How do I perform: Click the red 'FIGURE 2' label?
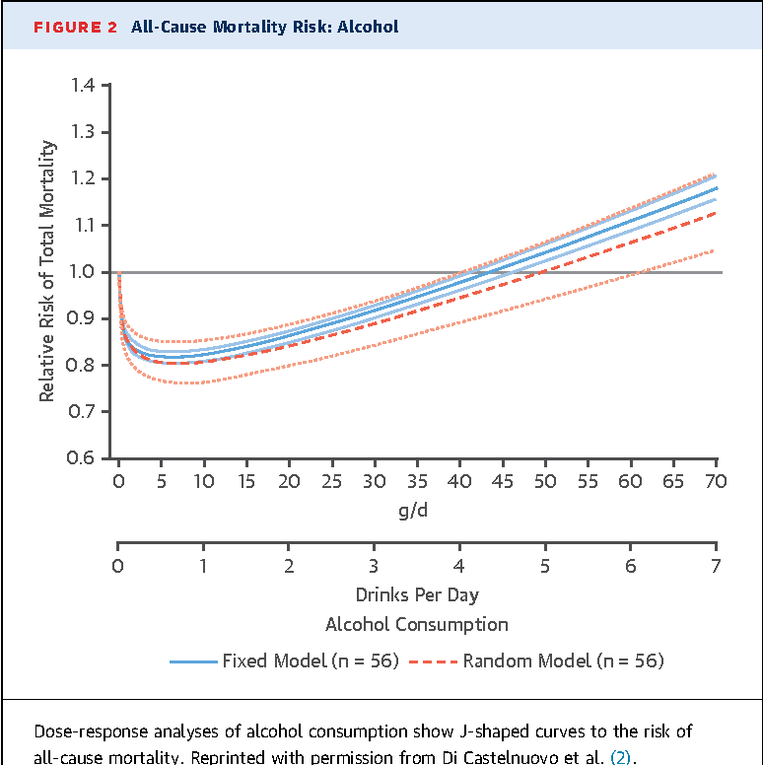pyautogui.click(x=77, y=27)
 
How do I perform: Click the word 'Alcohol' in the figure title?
pyautogui.click(x=368, y=27)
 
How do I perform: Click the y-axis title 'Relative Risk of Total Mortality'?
pyautogui.click(x=47, y=271)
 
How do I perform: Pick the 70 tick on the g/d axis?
pyautogui.click(x=716, y=482)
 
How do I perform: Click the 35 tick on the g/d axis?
pyautogui.click(x=417, y=482)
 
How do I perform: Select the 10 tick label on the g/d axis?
pyautogui.click(x=203, y=482)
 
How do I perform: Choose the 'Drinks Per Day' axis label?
pyautogui.click(x=417, y=595)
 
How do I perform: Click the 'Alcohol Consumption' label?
pyautogui.click(x=417, y=624)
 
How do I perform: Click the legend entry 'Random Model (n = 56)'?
pyautogui.click(x=563, y=661)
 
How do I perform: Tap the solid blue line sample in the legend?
pyautogui.click(x=193, y=661)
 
